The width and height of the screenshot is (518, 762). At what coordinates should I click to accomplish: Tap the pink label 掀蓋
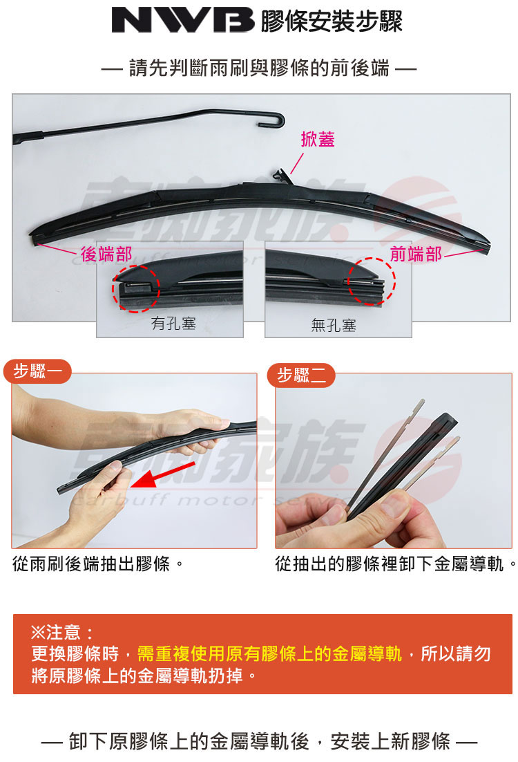coord(318,139)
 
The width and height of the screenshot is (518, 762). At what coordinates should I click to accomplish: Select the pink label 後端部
coord(106,254)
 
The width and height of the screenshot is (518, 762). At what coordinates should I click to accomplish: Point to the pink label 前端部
coord(416,254)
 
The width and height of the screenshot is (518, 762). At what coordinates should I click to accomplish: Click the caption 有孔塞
coord(173,322)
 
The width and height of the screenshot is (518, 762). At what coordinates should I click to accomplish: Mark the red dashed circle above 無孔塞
coord(371,280)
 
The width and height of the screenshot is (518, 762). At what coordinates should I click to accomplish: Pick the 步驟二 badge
coord(300,375)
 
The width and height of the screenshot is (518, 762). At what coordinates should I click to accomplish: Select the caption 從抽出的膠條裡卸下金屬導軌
coord(396,565)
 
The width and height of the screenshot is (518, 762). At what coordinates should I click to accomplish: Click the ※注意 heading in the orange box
coord(63,631)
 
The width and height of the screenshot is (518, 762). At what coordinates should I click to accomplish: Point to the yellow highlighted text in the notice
coord(269,653)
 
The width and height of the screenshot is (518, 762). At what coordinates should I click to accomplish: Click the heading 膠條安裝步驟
coord(331,21)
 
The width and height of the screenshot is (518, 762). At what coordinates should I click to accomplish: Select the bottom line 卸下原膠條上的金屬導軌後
coord(259,743)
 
